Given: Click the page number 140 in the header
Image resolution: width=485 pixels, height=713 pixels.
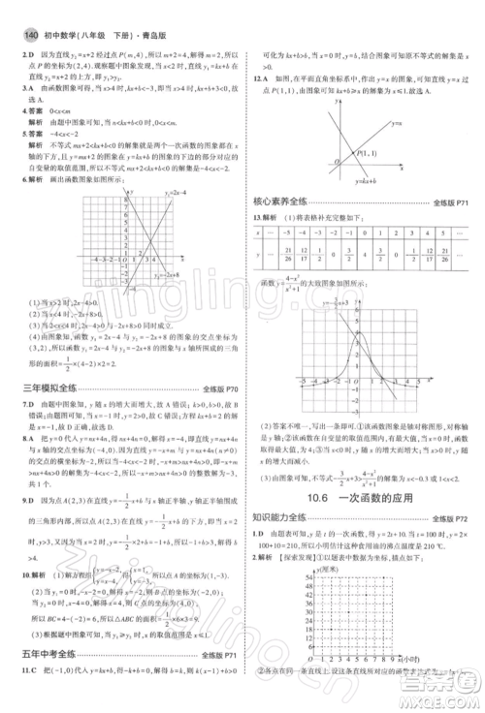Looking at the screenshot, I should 21,10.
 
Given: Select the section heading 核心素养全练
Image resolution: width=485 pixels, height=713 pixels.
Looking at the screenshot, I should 281,202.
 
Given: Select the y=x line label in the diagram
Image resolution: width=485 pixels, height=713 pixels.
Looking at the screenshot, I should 395,123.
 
